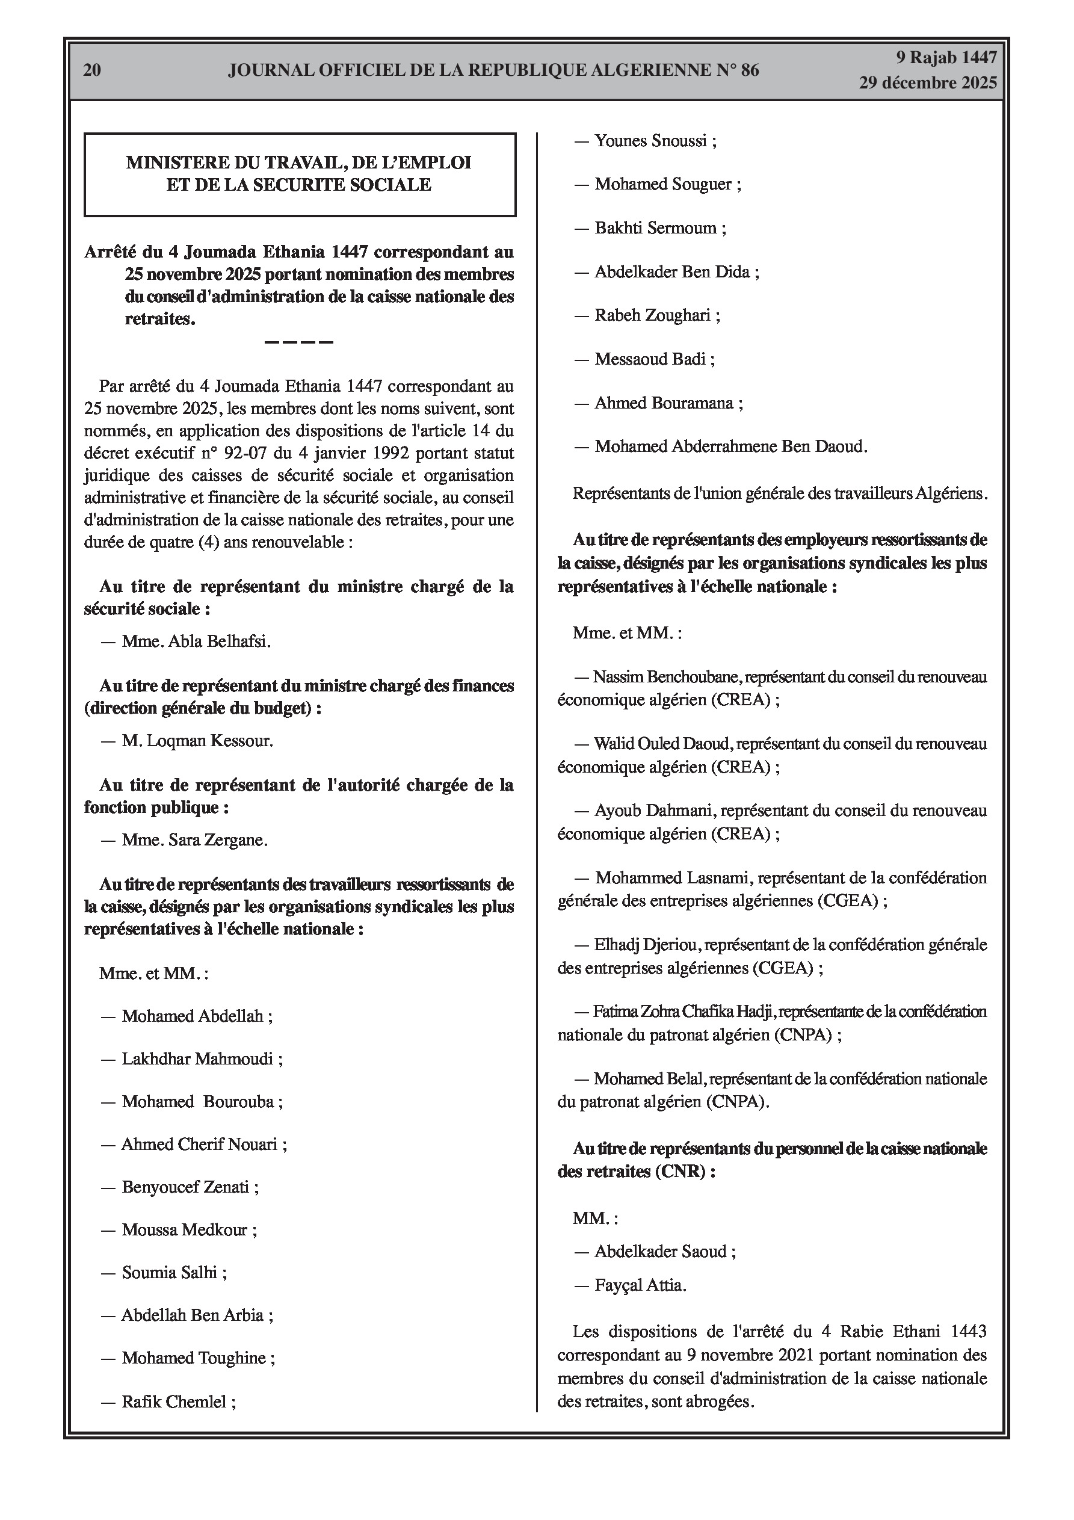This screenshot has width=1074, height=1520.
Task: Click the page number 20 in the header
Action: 92,70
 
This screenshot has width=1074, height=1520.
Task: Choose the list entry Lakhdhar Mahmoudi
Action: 197,1058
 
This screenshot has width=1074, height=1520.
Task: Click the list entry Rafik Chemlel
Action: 174,1401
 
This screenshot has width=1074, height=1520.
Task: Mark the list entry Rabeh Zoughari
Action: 652,315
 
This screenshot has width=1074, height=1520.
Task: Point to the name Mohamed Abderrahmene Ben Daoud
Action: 730,446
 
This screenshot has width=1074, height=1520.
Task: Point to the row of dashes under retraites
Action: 298,342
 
